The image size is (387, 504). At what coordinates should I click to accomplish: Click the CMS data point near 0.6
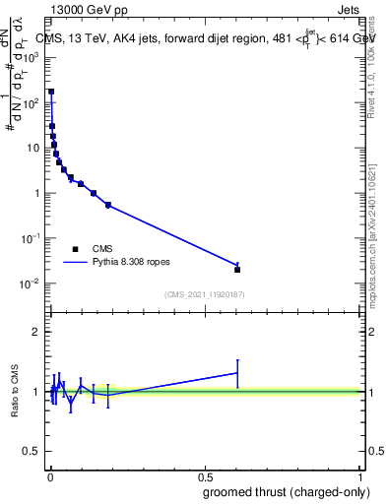point(237,269)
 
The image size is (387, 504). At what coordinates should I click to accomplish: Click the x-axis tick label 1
point(361,476)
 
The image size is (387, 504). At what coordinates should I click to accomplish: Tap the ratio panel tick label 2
point(35,332)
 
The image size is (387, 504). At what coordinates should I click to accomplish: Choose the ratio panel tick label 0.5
point(31,452)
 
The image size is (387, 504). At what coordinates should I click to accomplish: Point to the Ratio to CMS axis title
point(15,391)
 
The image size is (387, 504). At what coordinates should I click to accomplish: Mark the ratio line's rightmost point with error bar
point(237,373)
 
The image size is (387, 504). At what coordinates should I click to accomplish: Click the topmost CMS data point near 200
point(51,91)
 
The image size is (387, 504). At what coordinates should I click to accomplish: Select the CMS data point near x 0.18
point(107,205)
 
